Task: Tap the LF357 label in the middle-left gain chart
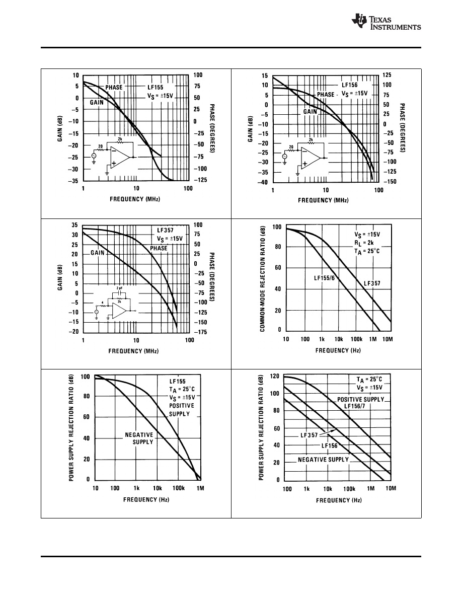point(165,231)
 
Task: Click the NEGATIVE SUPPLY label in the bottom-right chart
point(323,460)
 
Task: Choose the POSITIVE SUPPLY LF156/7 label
point(360,402)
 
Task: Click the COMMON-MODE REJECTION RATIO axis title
point(263,277)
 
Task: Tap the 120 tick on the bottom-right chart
point(274,376)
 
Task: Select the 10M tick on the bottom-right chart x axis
point(391,488)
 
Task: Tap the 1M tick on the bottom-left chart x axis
point(200,488)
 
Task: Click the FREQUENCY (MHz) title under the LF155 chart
point(134,199)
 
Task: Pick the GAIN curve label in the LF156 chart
point(310,112)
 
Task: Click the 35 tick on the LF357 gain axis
point(74,225)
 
